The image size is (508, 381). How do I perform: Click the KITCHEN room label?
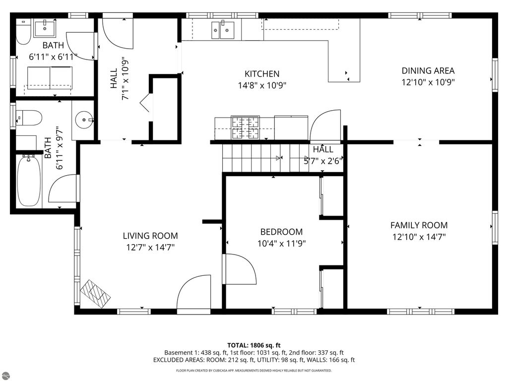pyautogui.click(x=262, y=74)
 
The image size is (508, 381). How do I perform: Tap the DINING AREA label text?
pyautogui.click(x=428, y=71)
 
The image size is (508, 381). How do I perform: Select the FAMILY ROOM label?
pyautogui.click(x=419, y=225)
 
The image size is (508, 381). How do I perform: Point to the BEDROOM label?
pyautogui.click(x=281, y=232)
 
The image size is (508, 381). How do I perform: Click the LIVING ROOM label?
pyautogui.click(x=150, y=236)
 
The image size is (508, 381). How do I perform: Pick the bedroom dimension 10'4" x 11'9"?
pyautogui.click(x=281, y=244)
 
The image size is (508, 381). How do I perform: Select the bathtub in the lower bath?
pyautogui.click(x=29, y=180)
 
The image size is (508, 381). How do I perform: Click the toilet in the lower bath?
pyautogui.click(x=29, y=118)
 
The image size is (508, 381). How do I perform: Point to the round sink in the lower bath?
pyautogui.click(x=83, y=119)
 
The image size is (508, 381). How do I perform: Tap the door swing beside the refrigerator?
pyautogui.click(x=325, y=127)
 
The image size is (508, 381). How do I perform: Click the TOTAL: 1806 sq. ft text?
pyautogui.click(x=254, y=345)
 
